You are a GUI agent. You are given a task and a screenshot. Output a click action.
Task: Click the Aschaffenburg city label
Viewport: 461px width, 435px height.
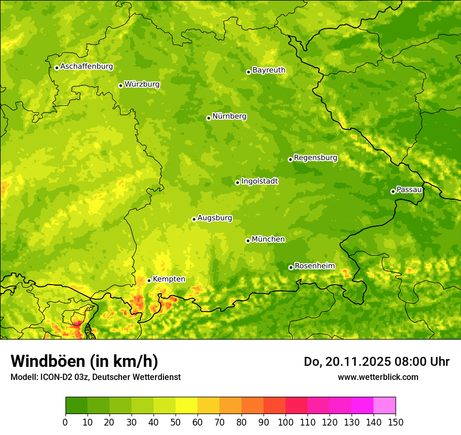point(86,67)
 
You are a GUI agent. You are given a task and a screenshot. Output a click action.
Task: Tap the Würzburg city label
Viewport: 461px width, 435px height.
point(142,84)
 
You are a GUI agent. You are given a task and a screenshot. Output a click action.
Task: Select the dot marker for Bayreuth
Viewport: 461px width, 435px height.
point(249,72)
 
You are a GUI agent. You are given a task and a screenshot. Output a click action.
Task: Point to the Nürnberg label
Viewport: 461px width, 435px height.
point(229,116)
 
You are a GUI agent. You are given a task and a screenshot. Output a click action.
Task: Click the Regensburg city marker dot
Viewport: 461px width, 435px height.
point(290,159)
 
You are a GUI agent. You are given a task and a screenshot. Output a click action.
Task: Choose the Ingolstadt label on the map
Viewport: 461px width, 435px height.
point(260,181)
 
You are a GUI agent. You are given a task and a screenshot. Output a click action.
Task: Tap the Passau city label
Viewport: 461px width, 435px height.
point(409,190)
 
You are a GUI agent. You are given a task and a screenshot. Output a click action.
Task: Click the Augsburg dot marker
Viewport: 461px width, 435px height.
point(194,219)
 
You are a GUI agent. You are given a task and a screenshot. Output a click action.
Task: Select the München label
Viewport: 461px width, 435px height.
point(268,240)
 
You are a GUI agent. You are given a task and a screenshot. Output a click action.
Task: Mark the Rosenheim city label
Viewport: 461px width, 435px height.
point(315,266)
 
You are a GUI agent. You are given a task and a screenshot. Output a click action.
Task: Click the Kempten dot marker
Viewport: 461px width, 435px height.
point(149,280)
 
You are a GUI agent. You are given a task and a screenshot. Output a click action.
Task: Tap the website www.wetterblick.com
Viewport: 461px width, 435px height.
point(378,377)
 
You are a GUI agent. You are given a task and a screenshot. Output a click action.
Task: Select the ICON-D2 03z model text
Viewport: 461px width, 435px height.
point(61,377)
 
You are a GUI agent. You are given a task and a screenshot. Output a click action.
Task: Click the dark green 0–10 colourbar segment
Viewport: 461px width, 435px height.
point(76,405)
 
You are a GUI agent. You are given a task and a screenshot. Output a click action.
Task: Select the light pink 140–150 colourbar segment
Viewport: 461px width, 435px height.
point(385,405)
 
